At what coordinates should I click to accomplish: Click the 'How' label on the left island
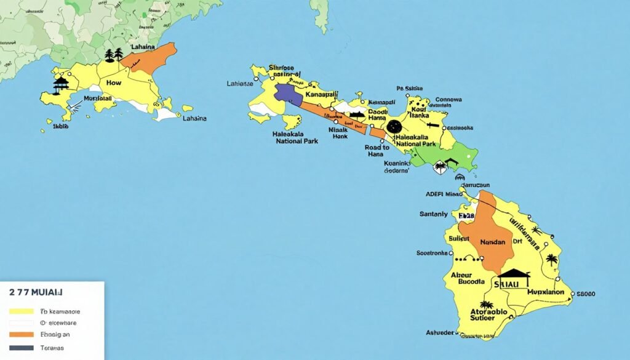point(114,82)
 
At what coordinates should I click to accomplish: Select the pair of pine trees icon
point(114,55)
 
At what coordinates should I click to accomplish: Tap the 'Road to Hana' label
point(377,151)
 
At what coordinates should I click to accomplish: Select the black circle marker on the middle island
point(394,127)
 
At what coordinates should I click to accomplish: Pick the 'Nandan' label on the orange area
point(492,242)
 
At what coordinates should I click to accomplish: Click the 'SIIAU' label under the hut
point(512,284)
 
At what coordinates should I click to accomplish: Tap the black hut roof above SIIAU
point(514,272)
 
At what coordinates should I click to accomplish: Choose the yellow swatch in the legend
point(21,311)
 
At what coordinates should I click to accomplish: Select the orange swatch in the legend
point(21,335)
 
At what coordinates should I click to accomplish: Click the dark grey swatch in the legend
point(21,348)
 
